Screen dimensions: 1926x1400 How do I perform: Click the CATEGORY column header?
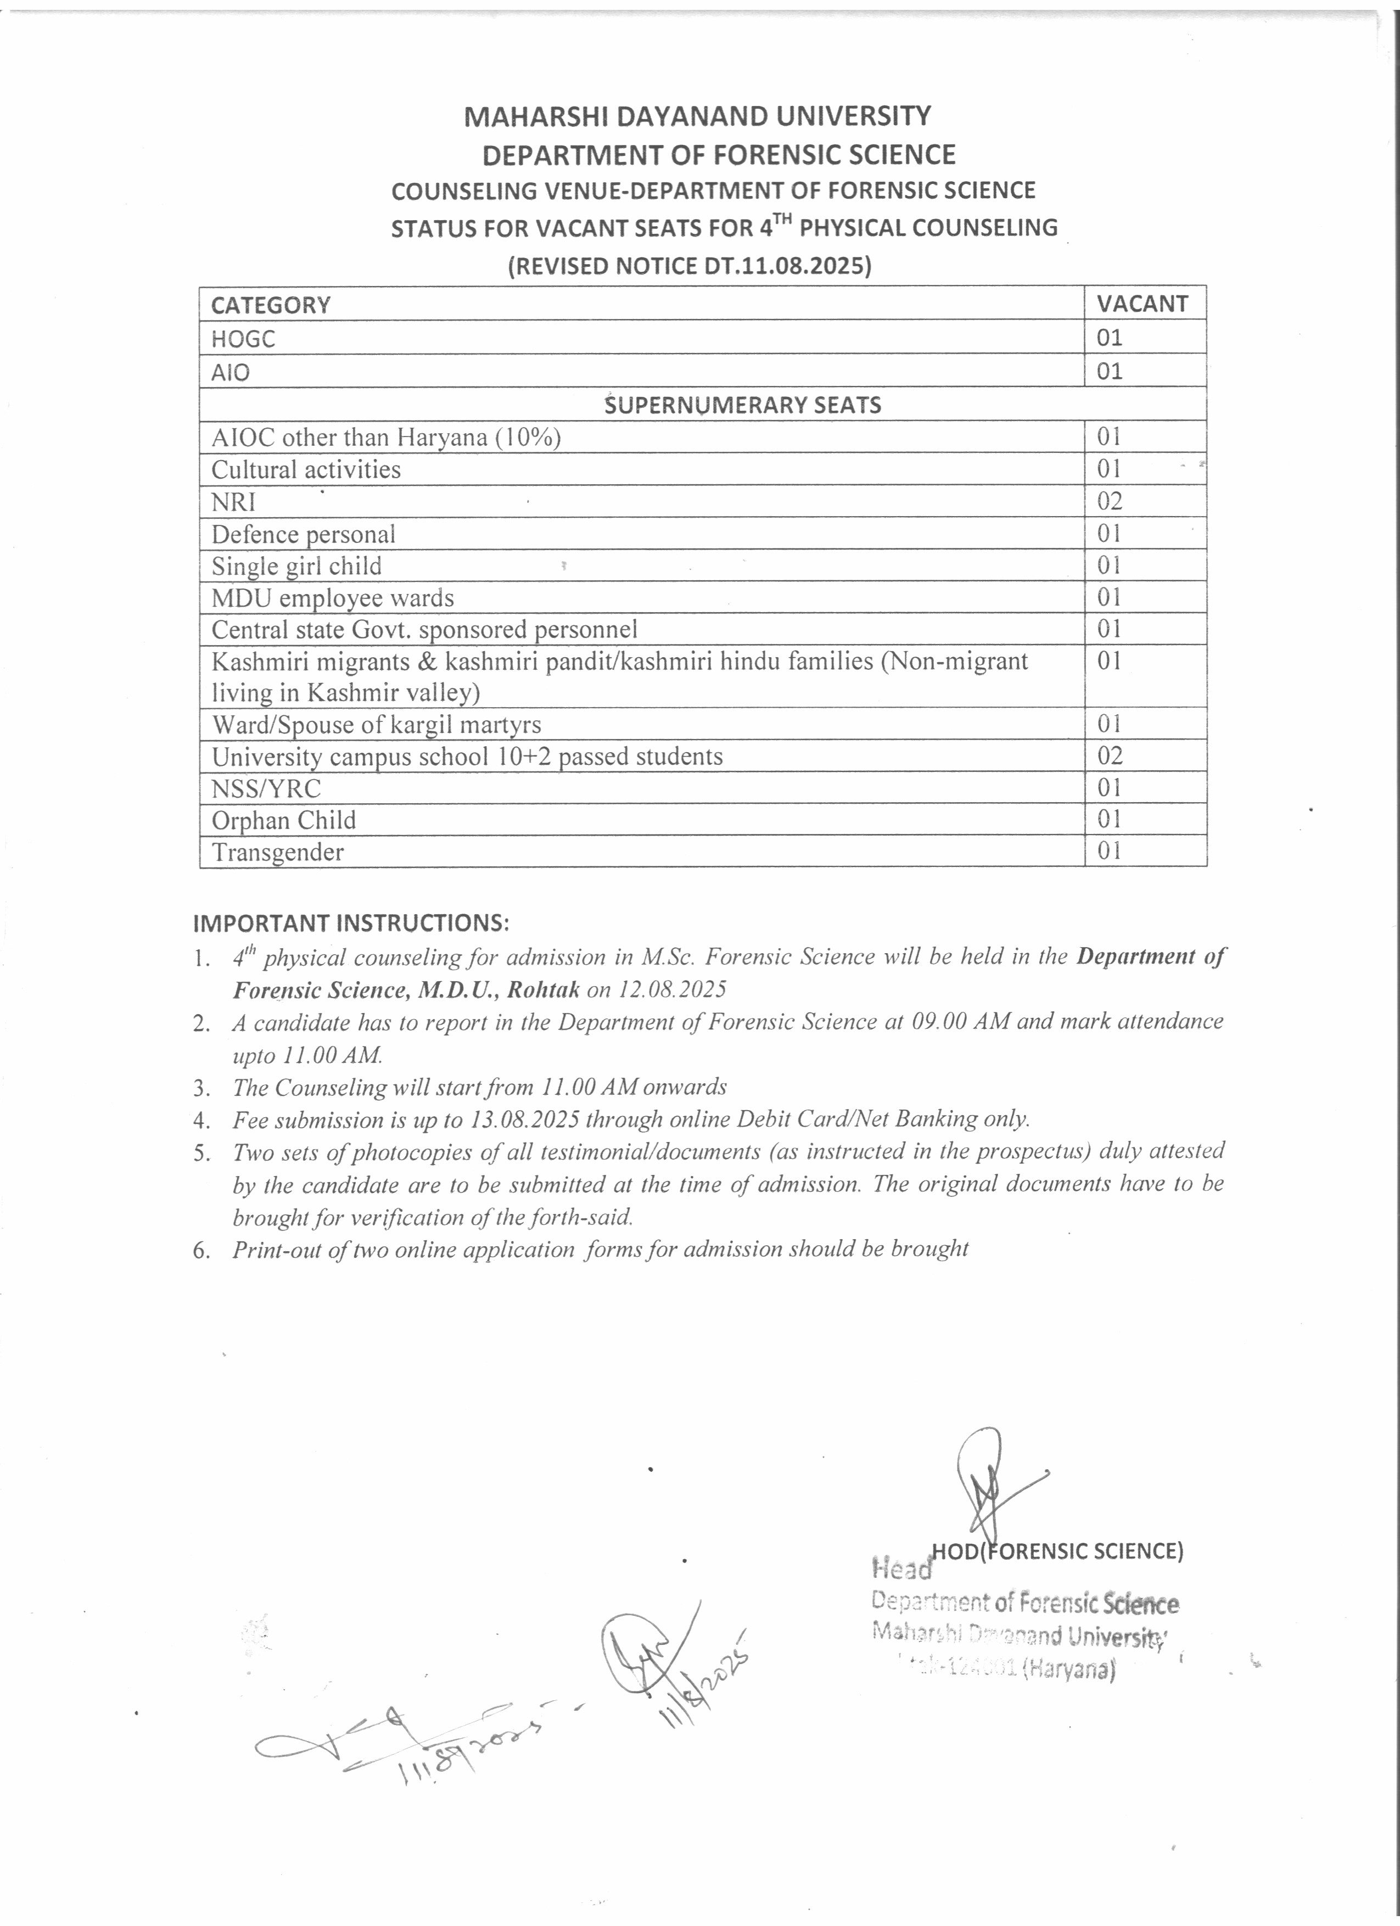pos(270,305)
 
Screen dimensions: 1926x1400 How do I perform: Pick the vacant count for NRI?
pos(1109,501)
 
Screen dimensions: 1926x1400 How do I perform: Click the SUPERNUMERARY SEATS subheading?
pos(742,405)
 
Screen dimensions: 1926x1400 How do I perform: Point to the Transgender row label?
pos(278,852)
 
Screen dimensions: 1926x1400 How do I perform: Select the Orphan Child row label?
pos(283,820)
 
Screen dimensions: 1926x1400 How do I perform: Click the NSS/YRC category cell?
pos(266,788)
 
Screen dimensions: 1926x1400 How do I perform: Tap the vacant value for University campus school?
pos(1109,756)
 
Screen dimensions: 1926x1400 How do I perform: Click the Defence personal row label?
pos(303,534)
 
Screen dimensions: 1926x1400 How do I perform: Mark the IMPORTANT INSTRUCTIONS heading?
pos(351,922)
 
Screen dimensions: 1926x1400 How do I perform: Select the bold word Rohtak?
pos(544,989)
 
